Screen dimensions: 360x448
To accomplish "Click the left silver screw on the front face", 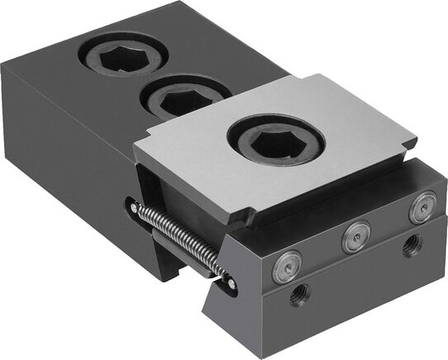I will coord(285,268).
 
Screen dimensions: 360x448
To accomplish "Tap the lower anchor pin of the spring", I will coord(230,283).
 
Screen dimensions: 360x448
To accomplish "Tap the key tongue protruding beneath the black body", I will coord(181,269).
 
